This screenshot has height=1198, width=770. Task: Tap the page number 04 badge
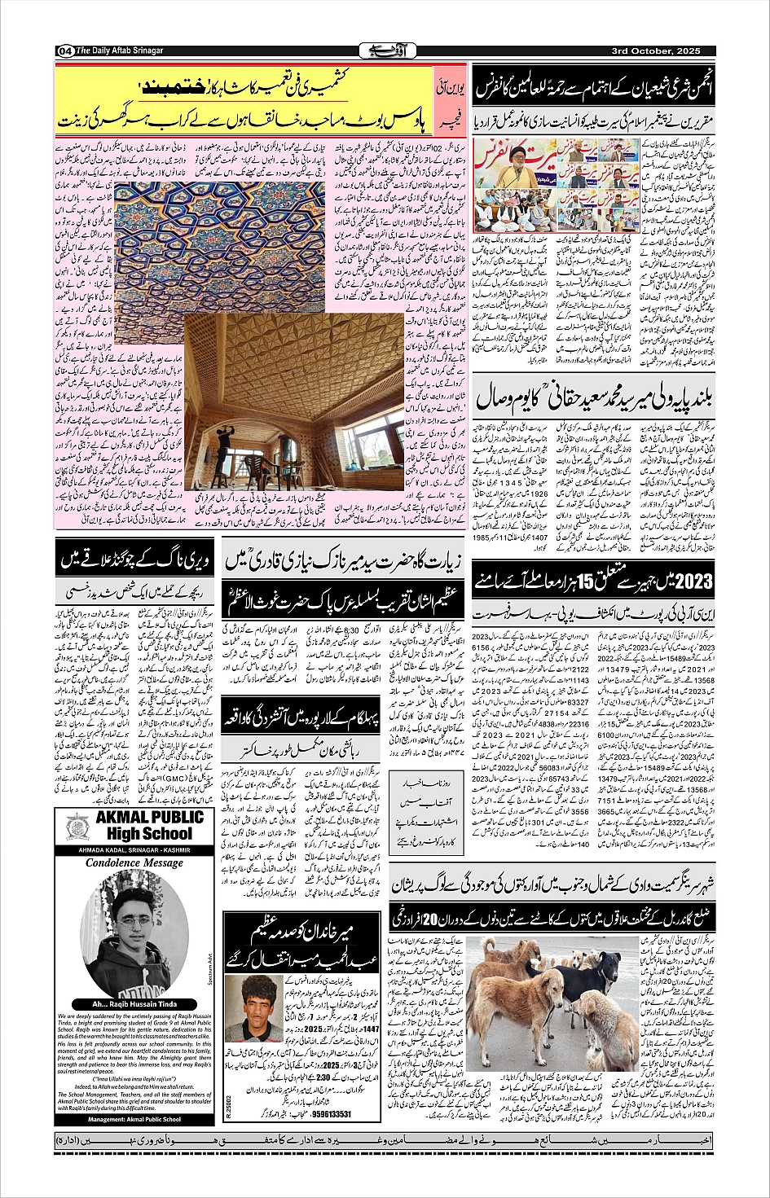tap(64, 51)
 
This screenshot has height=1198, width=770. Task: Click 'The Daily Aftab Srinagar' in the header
tap(120, 50)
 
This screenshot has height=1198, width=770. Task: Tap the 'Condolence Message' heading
tap(134, 862)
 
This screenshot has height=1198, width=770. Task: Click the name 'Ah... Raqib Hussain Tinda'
tap(134, 1004)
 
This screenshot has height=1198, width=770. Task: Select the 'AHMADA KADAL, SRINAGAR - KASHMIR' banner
tap(134, 850)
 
